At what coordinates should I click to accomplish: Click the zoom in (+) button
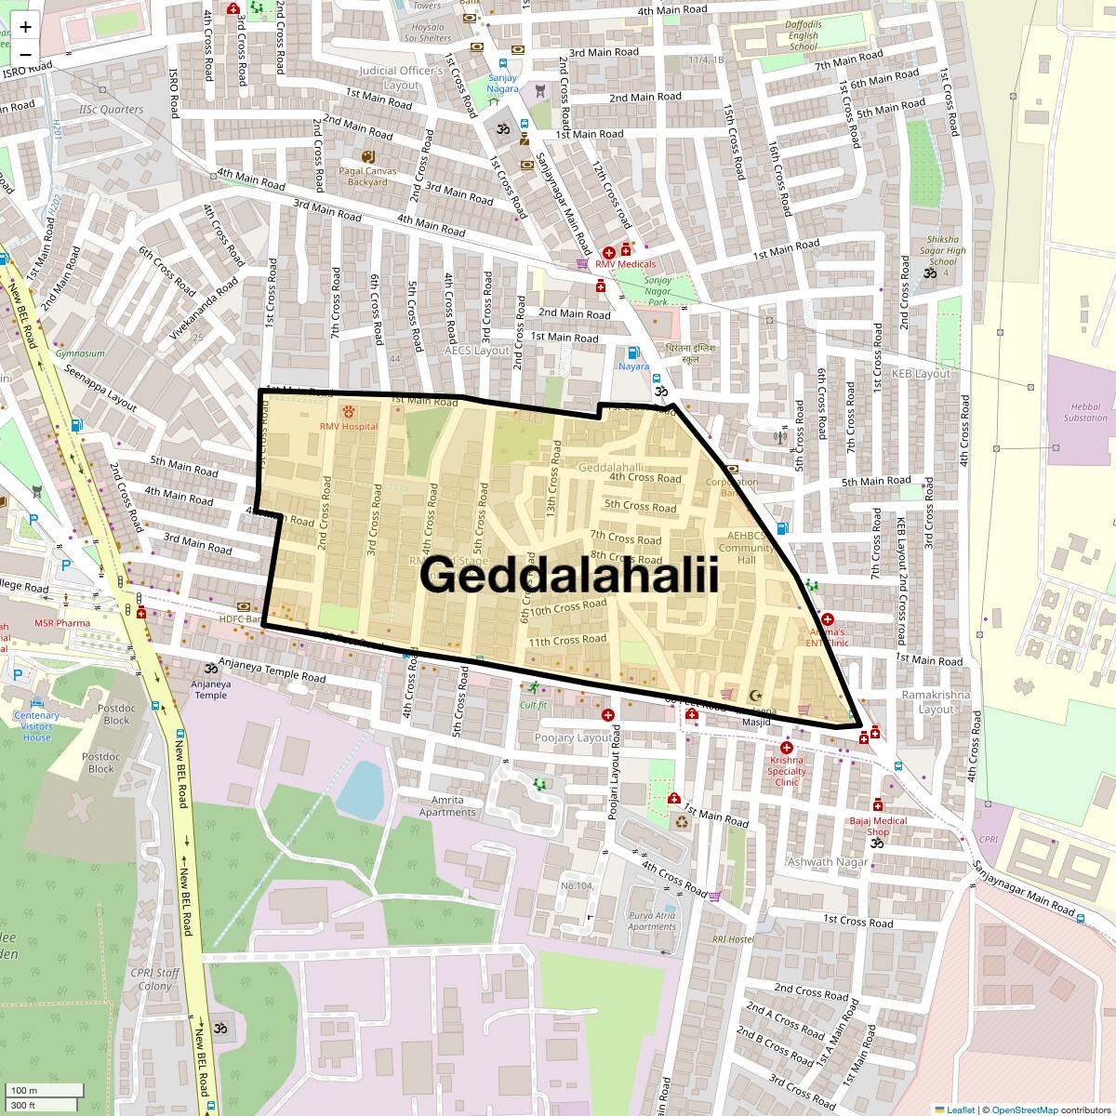[x=25, y=27]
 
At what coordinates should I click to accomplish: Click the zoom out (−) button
[x=25, y=54]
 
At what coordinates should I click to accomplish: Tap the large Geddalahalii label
[x=569, y=576]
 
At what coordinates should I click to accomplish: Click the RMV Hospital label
[x=349, y=426]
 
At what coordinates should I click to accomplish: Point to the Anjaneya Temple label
[x=210, y=689]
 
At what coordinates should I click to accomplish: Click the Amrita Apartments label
[x=447, y=806]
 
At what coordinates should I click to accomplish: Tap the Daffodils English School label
[x=804, y=35]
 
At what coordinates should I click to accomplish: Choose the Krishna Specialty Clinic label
[x=787, y=771]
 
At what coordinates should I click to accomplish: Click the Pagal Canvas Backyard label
[x=367, y=176]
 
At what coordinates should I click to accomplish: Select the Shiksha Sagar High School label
[x=942, y=250]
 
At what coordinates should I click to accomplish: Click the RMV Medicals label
[x=625, y=263]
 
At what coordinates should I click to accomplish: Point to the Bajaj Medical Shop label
[x=878, y=826]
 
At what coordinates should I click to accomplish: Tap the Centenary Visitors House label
[x=37, y=726]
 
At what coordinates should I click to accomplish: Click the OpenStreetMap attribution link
[x=1024, y=1109]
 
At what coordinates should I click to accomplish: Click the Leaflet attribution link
[x=960, y=1109]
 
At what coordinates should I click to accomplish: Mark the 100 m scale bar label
[x=25, y=1090]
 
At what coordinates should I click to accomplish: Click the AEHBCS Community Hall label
[x=747, y=548]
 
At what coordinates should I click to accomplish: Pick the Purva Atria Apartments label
[x=652, y=921]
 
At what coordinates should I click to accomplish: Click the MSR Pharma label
[x=62, y=623]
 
